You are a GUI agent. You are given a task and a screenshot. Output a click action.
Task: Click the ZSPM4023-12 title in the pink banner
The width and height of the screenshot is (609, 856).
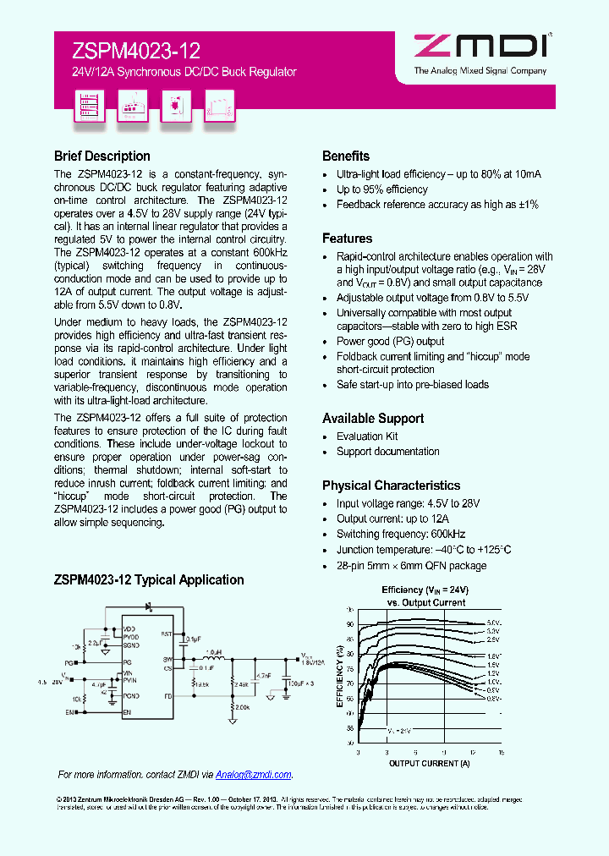128,52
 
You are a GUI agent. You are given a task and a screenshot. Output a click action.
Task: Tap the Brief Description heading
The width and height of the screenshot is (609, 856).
101,156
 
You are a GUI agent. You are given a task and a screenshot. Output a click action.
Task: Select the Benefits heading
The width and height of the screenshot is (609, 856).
346,156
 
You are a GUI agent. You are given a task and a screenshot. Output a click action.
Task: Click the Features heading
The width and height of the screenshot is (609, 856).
347,239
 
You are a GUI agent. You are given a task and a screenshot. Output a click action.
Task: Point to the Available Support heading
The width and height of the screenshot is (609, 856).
373,419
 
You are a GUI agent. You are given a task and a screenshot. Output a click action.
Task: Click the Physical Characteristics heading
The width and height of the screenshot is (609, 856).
391,486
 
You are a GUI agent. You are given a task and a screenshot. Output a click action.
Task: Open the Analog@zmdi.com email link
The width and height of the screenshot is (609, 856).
254,775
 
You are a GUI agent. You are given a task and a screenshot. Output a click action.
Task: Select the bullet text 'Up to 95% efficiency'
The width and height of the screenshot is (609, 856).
382,189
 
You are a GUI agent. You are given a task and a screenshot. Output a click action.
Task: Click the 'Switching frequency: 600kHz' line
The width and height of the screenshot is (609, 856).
401,535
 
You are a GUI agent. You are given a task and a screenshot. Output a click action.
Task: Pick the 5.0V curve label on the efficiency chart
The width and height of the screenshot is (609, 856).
493,623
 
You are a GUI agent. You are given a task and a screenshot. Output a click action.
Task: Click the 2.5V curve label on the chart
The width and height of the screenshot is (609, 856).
493,641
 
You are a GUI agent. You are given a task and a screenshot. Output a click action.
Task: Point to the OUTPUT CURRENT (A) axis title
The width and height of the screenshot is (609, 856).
429,763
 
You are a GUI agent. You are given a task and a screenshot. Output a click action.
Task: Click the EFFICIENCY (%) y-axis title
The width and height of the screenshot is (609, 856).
339,678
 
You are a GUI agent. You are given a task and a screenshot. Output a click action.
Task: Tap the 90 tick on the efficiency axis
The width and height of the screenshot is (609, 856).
350,624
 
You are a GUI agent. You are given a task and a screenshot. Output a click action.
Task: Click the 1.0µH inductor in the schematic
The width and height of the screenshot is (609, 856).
213,652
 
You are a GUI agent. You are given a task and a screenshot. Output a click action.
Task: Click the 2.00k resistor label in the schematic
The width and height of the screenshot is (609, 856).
244,707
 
